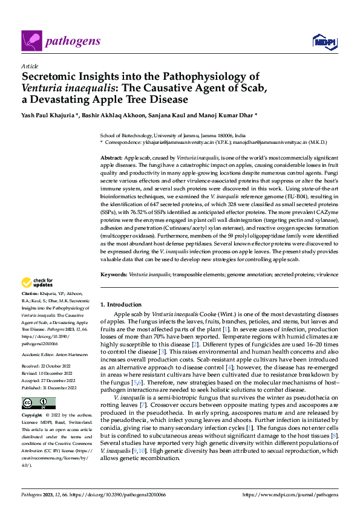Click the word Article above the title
tap(29, 66)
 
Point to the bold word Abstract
tap(111, 157)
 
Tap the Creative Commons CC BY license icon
tap(38, 403)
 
